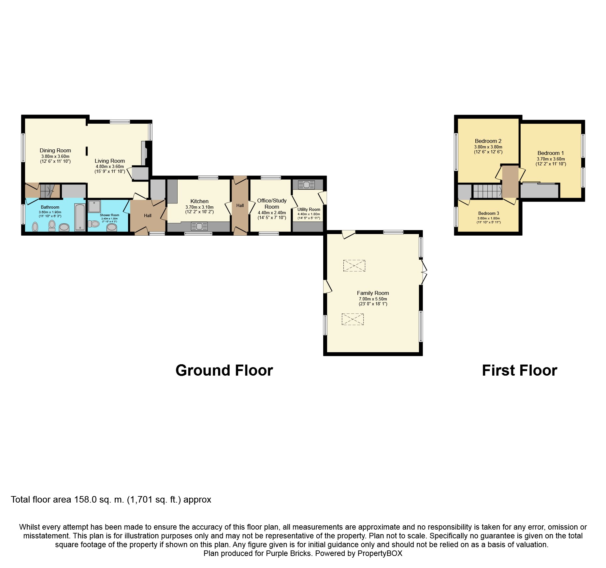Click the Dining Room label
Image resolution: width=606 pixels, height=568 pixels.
pos(55,150)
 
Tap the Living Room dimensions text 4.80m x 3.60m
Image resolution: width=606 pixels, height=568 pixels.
pos(110,166)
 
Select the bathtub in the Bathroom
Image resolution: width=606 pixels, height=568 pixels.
pos(80,217)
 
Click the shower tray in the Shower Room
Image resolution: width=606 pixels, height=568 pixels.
pos(94,206)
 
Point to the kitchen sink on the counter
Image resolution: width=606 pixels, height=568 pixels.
pos(199,226)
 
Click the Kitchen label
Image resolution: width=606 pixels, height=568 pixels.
pos(199,201)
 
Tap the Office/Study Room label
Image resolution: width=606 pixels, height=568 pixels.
pos(272,204)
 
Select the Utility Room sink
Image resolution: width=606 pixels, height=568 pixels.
pos(307,185)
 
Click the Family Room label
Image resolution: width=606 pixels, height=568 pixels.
pos(373,293)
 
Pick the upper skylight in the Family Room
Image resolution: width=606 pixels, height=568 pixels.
pos(354,266)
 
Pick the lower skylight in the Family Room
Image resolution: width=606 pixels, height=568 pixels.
pos(353,319)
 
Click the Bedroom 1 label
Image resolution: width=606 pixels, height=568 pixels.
pos(551,153)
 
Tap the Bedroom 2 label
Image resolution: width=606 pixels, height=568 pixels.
pos(488,141)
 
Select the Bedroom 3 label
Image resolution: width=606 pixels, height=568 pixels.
pos(489,213)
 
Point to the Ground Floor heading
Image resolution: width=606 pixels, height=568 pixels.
pos(224,370)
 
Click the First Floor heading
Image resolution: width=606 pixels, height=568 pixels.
pos(520,370)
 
